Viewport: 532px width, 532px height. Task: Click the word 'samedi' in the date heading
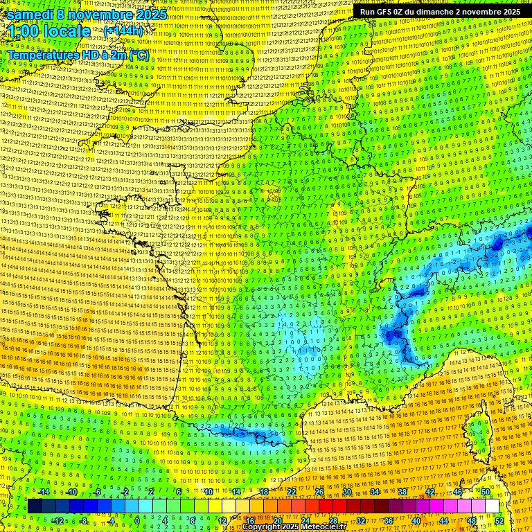30,15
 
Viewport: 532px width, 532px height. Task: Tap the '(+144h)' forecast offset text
123,31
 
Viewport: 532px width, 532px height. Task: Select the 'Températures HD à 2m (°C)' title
78,54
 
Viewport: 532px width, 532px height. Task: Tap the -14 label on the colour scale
44,492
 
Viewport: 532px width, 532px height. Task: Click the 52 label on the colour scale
499,520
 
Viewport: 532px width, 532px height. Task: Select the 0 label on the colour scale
136,520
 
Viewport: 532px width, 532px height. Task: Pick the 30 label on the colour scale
346,492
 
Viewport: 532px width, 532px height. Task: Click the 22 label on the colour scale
291,492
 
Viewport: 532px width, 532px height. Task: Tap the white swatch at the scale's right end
492,506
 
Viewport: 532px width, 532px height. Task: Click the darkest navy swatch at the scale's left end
35,506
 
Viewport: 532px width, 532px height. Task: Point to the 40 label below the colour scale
416,520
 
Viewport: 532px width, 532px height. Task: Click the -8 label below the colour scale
84,520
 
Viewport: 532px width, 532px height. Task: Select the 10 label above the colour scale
208,492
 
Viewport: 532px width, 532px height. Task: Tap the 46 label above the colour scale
458,492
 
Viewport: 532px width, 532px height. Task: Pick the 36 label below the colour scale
388,520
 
